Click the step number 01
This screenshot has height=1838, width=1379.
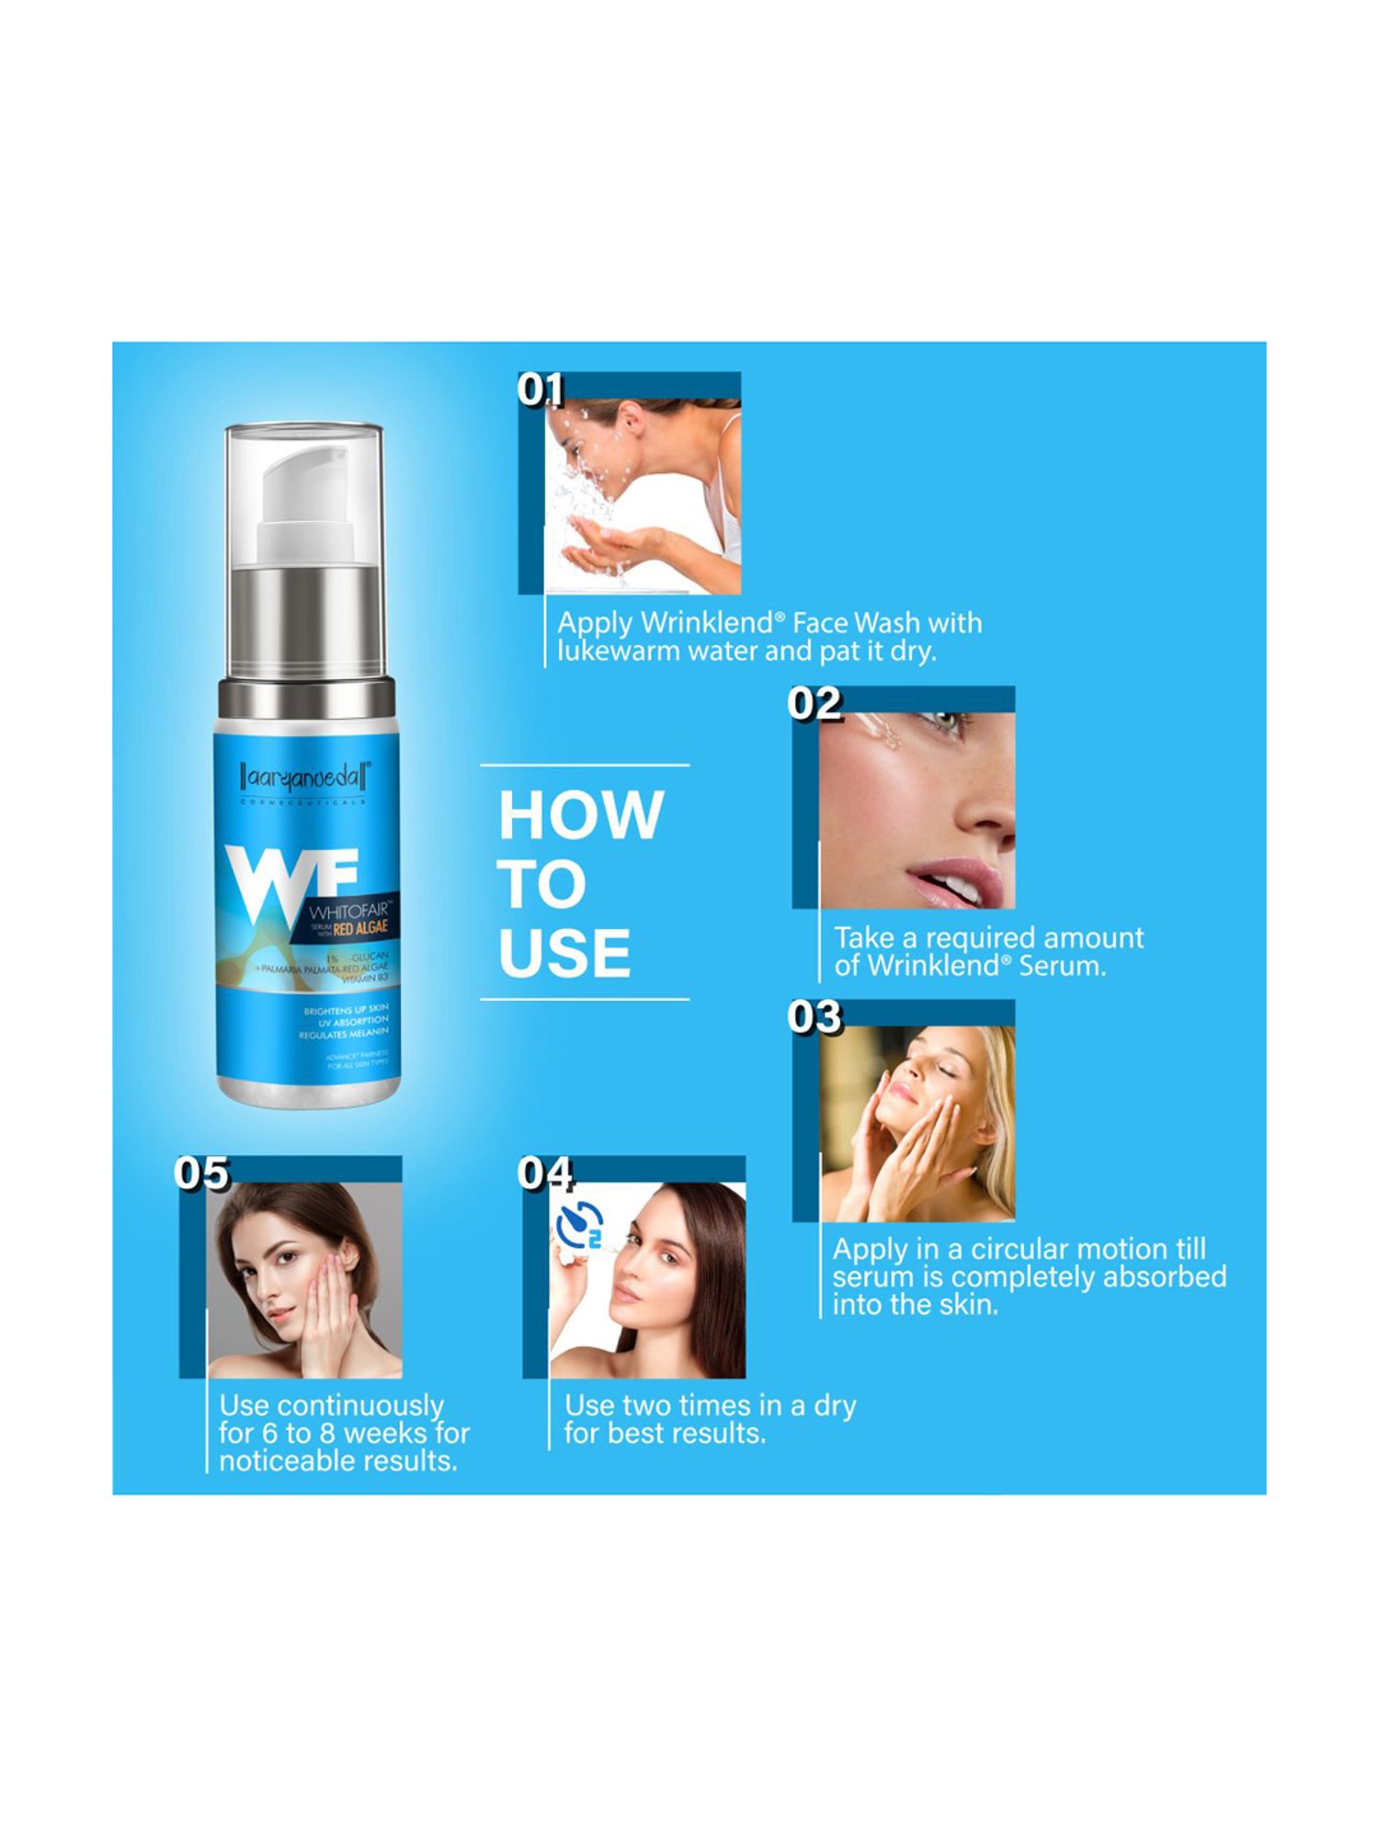click(540, 390)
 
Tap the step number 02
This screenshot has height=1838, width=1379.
click(815, 704)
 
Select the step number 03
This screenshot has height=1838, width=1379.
click(815, 1017)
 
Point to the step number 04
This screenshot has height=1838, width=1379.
click(545, 1174)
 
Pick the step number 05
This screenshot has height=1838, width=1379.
click(201, 1174)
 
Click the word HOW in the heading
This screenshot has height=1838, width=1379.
click(581, 815)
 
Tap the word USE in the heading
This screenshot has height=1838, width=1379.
click(564, 953)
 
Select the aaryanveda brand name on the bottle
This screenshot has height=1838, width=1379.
click(305, 778)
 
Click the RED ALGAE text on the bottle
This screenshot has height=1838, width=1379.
click(360, 929)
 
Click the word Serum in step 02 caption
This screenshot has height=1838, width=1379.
click(1062, 966)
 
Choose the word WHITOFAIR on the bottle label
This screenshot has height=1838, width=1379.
click(348, 912)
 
